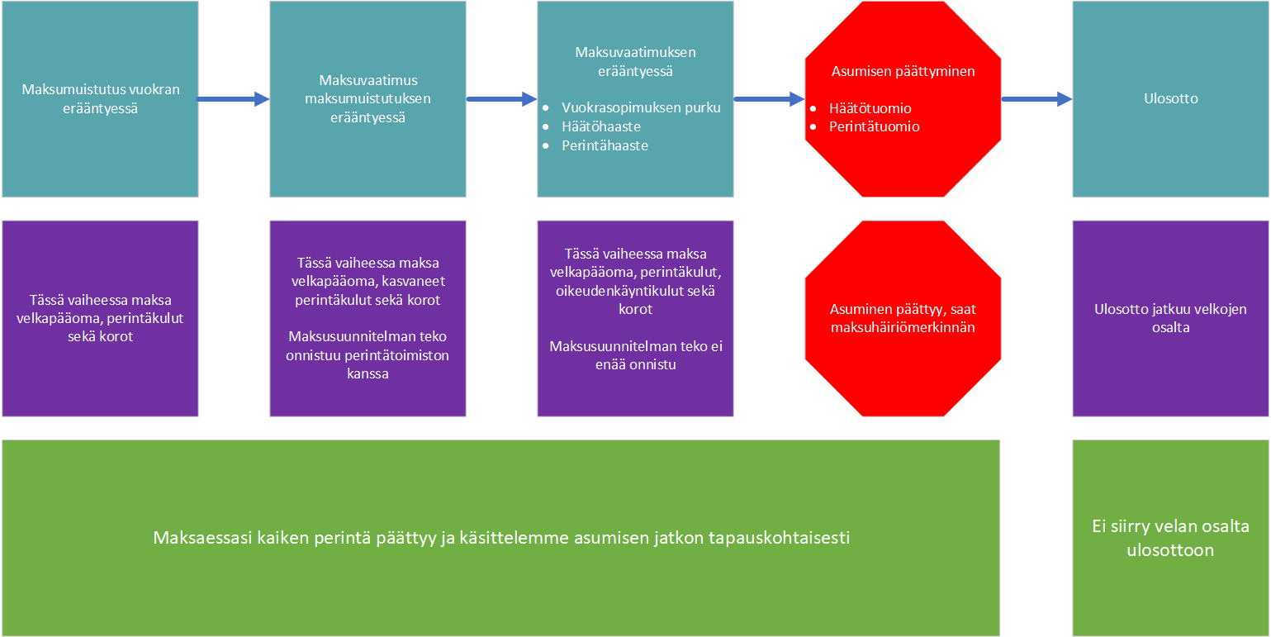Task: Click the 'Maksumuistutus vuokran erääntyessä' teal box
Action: (x=100, y=99)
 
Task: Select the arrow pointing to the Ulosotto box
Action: (x=1036, y=99)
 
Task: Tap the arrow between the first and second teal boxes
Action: (x=233, y=99)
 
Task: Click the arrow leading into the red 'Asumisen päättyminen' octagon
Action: (x=769, y=99)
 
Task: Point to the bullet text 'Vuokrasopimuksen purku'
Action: (x=641, y=108)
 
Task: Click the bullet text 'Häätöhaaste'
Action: (x=601, y=126)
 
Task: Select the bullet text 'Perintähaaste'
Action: (x=605, y=146)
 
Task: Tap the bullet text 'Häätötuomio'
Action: (x=870, y=108)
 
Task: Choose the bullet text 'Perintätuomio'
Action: (x=874, y=126)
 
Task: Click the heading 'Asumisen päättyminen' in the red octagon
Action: (x=903, y=72)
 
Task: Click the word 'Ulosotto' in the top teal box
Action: (x=1170, y=99)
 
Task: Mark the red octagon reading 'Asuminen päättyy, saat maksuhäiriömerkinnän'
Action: (x=903, y=319)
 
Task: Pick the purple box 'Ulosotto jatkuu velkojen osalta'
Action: (x=1170, y=319)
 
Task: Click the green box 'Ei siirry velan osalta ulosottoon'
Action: (x=1170, y=538)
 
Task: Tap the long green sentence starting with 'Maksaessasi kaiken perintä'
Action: (x=501, y=538)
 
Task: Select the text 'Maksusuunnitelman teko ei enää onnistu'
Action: (x=636, y=355)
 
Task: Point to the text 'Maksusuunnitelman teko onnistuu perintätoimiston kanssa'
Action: (x=368, y=354)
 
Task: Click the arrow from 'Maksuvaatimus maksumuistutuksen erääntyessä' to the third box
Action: (x=501, y=99)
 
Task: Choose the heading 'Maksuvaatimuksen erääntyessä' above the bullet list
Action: (x=636, y=62)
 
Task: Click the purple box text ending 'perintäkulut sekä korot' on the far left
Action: (x=100, y=318)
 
